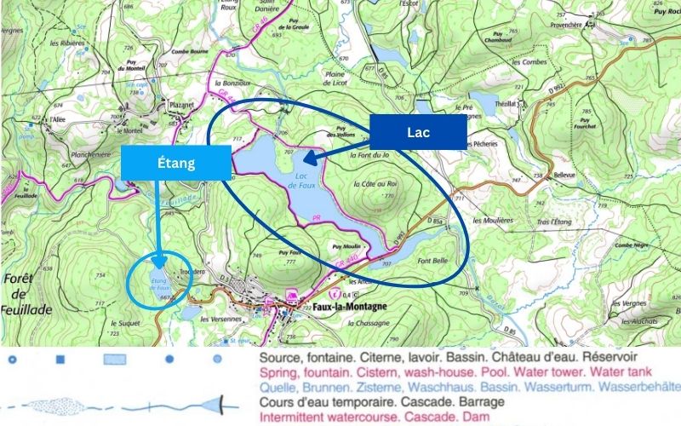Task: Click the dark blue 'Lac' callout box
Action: (418, 132)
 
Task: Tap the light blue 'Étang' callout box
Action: (177, 163)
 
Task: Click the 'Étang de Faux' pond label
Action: (159, 283)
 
